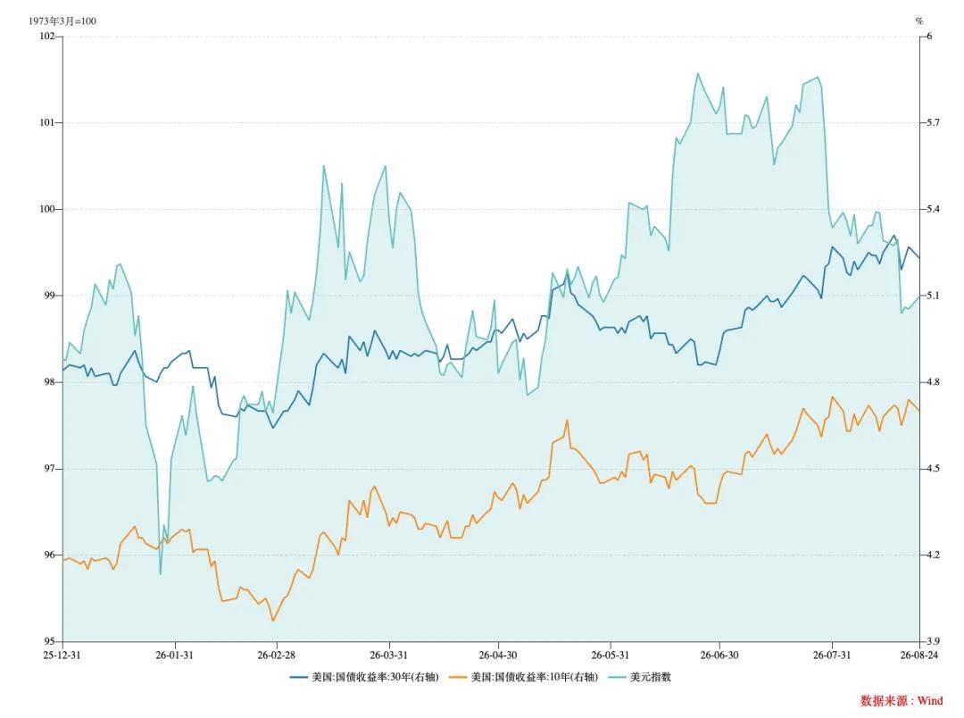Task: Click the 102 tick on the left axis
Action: pyautogui.click(x=46, y=37)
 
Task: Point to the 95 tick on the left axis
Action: pyautogui.click(x=49, y=641)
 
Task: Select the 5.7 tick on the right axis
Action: pyautogui.click(x=934, y=122)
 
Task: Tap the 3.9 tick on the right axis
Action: pyautogui.click(x=934, y=641)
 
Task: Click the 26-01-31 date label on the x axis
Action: pyautogui.click(x=174, y=655)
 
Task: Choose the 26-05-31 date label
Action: pyautogui.click(x=611, y=655)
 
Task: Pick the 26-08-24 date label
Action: pyautogui.click(x=919, y=655)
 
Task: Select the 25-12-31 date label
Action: pyautogui.click(x=62, y=655)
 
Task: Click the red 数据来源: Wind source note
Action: pyautogui.click(x=902, y=700)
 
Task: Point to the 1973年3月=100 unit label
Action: pyautogui.click(x=62, y=21)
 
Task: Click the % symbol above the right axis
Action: pyautogui.click(x=919, y=21)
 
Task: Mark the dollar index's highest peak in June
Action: pyautogui.click(x=698, y=73)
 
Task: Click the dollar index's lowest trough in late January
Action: pyautogui.click(x=161, y=574)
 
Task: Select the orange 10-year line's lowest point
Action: pyautogui.click(x=273, y=620)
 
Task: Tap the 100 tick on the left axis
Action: pyautogui.click(x=46, y=209)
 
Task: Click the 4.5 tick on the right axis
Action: pyautogui.click(x=934, y=468)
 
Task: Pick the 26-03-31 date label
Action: pyautogui.click(x=388, y=655)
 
